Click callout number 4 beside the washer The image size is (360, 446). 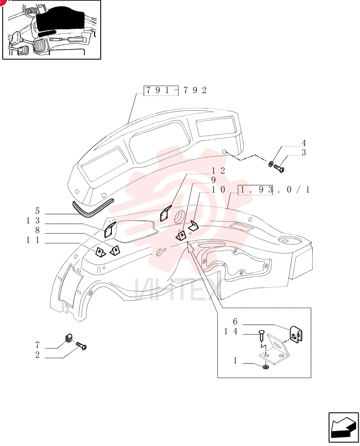point(304,143)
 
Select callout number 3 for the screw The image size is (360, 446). point(304,153)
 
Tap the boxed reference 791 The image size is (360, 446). point(161,91)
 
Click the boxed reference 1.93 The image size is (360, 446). point(255,190)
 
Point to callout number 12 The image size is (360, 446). point(218,171)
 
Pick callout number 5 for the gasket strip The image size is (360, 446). point(37,211)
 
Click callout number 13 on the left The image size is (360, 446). point(33,221)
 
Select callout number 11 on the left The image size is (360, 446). point(33,240)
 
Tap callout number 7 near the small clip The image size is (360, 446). point(37,345)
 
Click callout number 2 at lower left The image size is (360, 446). point(37,355)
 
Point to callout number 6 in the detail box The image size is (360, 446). point(235,322)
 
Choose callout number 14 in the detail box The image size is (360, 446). point(230,331)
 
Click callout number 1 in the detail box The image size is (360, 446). point(235,360)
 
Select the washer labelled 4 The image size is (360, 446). point(271,164)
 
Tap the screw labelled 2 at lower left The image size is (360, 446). point(81,346)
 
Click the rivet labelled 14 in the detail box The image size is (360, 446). point(262,335)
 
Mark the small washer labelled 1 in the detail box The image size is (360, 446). point(266,367)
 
